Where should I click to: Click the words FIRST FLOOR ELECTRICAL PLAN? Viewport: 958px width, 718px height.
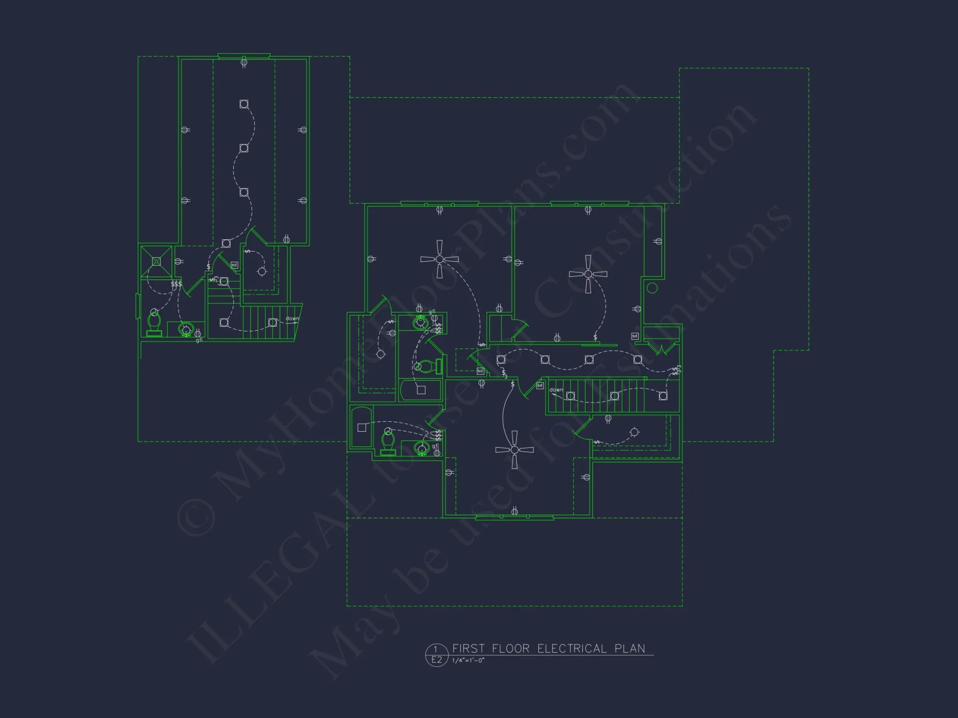[x=548, y=649]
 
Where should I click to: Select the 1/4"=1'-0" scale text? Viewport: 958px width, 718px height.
[x=468, y=661]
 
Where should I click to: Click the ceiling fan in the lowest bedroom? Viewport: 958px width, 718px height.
[x=514, y=450]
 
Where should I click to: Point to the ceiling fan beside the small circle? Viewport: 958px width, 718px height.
[x=588, y=274]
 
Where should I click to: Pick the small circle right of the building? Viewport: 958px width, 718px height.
[x=652, y=288]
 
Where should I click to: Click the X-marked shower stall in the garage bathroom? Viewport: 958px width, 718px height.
[x=156, y=261]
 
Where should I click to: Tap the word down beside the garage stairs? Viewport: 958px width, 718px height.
[x=292, y=318]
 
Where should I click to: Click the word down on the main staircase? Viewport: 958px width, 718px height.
[x=556, y=390]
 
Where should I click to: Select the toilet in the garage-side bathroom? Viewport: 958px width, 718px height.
[x=154, y=323]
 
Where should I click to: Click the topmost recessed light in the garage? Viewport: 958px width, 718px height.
[x=244, y=104]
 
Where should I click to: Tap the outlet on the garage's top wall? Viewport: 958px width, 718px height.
[x=244, y=62]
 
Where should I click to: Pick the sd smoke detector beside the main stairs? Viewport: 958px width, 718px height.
[x=540, y=385]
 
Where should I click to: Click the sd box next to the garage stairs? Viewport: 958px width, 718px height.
[x=234, y=265]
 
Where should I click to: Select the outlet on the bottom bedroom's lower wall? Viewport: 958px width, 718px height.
[x=514, y=511]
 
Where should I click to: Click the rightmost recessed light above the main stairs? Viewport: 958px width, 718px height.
[x=663, y=396]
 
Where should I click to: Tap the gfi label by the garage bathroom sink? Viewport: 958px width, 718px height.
[x=199, y=340]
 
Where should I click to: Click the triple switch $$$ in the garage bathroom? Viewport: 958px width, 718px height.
[x=176, y=284]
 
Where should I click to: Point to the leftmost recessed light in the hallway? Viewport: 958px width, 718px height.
[x=501, y=359]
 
